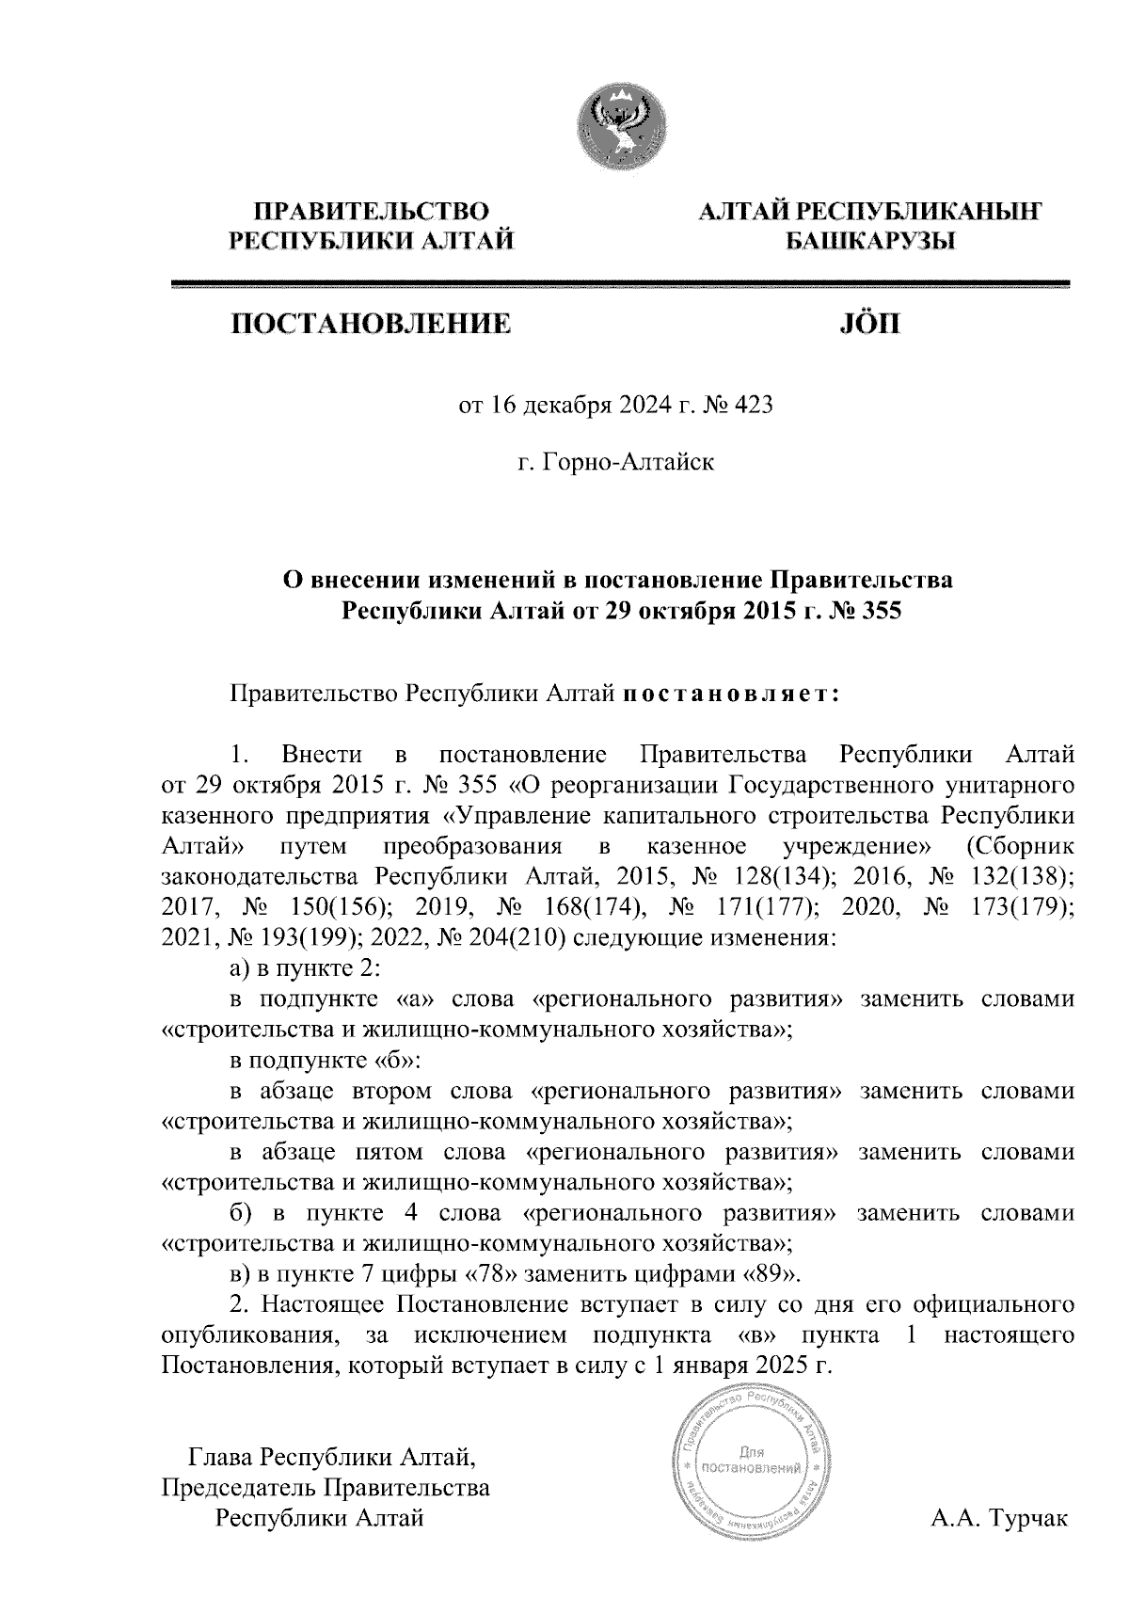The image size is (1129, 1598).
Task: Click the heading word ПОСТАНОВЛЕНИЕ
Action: point(372,326)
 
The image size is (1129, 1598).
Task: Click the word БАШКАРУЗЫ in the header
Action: point(870,242)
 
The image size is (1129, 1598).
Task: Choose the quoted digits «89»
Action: point(773,1275)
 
